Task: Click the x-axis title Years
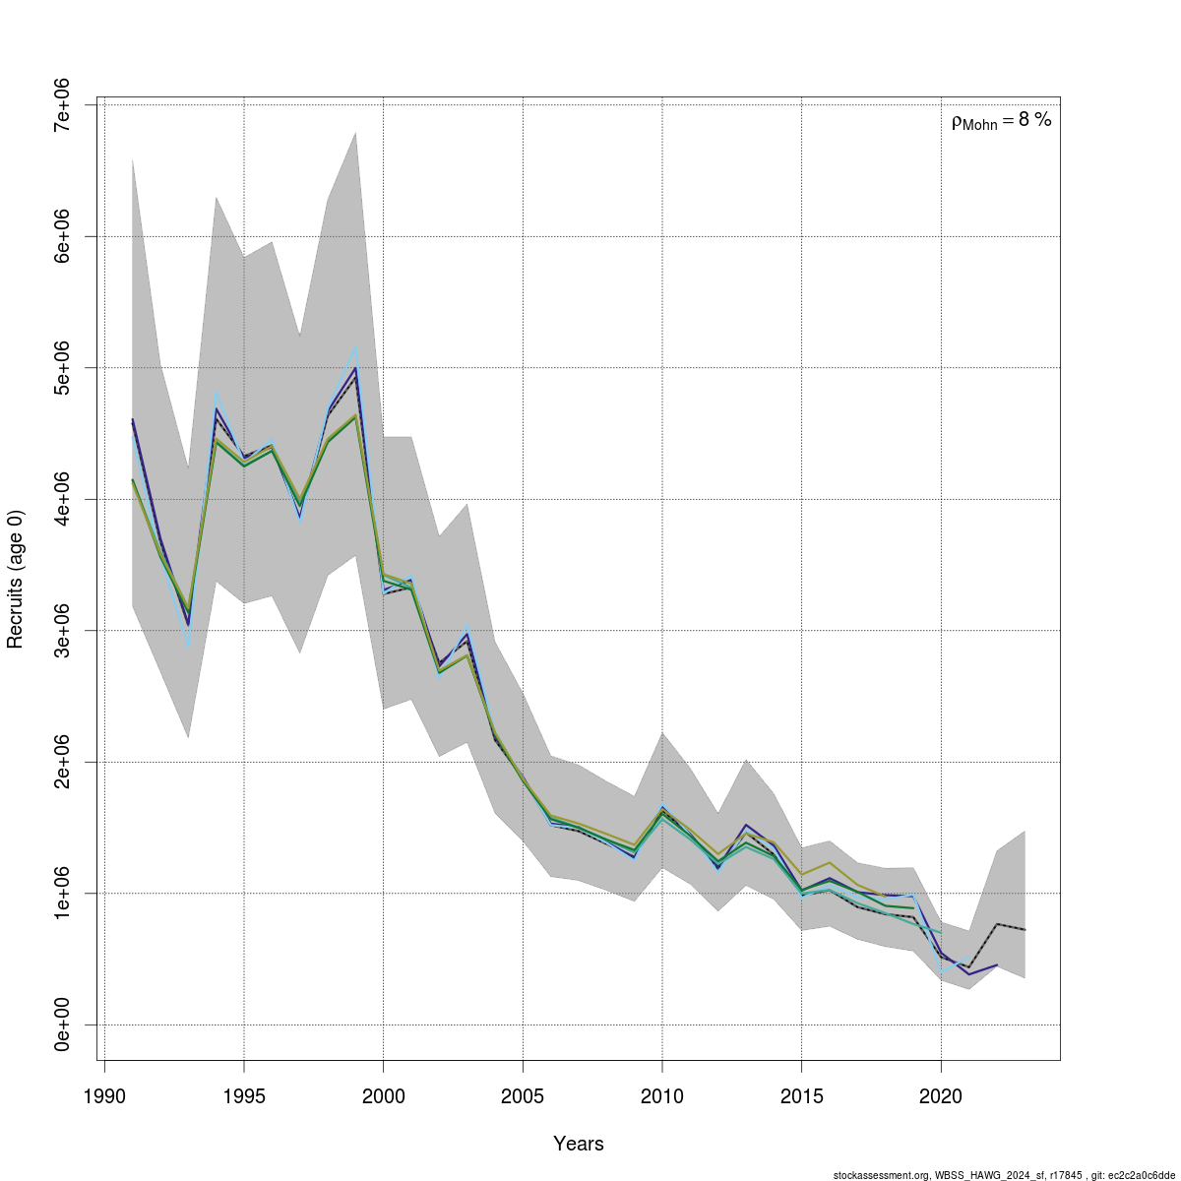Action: click(579, 1144)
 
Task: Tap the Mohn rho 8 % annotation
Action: click(1001, 121)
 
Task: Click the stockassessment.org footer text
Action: click(1004, 1175)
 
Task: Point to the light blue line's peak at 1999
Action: click(355, 346)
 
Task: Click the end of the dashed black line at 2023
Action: click(1025, 930)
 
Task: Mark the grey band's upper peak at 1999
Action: click(355, 132)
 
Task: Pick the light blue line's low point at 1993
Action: click(188, 646)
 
